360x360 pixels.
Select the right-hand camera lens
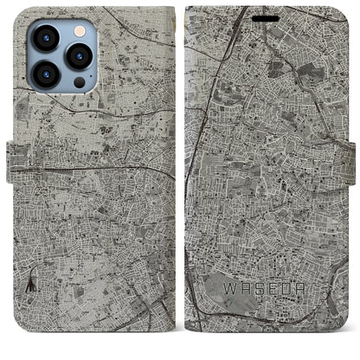pos(78,55)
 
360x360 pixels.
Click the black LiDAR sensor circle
pos(79,82)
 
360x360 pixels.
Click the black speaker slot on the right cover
pos(267,17)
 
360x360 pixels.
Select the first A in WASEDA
pos(247,288)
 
